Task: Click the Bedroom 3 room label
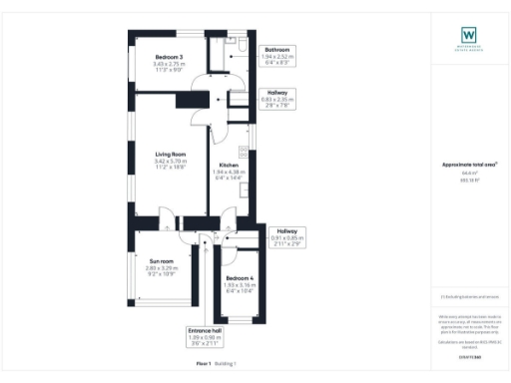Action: tap(155, 58)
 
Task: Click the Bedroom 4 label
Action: tap(239, 277)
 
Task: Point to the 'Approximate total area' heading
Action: tap(468, 165)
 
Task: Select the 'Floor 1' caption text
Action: tap(204, 365)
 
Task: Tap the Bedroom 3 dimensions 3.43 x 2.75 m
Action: tap(155, 65)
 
